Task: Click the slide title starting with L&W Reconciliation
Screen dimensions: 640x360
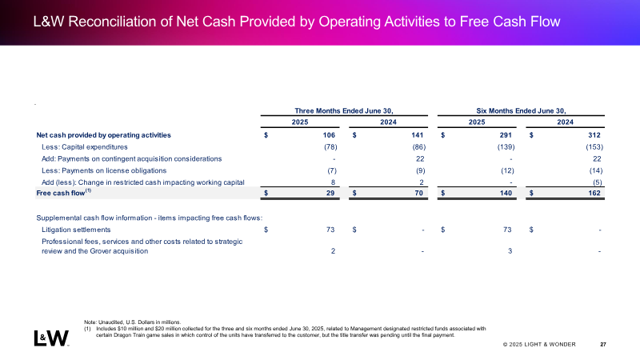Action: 297,22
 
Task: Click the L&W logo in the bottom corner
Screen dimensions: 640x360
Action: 51,338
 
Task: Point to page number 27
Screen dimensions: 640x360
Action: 603,345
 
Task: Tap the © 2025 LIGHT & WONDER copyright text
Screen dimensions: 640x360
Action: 539,345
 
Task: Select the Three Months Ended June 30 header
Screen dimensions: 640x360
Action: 344,111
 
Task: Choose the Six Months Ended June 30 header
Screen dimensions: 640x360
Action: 522,111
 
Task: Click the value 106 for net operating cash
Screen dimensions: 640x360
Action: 329,135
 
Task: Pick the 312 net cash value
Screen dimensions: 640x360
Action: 594,135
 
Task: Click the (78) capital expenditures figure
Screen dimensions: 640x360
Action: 330,147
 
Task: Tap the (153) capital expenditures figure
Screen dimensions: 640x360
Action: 594,147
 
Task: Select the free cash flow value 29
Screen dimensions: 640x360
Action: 330,193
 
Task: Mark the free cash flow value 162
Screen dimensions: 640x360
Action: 594,193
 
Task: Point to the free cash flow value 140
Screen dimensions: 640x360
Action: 506,193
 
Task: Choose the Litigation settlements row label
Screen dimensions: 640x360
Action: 76,230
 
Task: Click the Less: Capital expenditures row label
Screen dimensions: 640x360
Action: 85,147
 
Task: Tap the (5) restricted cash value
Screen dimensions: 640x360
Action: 597,182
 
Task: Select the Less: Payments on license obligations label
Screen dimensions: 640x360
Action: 104,170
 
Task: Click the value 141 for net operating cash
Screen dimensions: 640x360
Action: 417,135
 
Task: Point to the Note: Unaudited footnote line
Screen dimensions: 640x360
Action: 132,322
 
